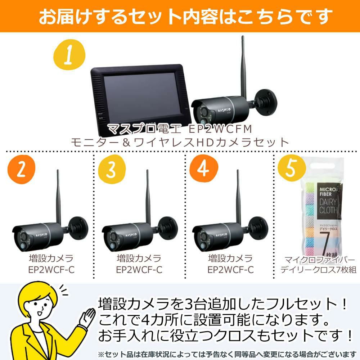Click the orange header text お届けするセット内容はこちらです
point(180,16)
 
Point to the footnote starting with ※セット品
point(227,354)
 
